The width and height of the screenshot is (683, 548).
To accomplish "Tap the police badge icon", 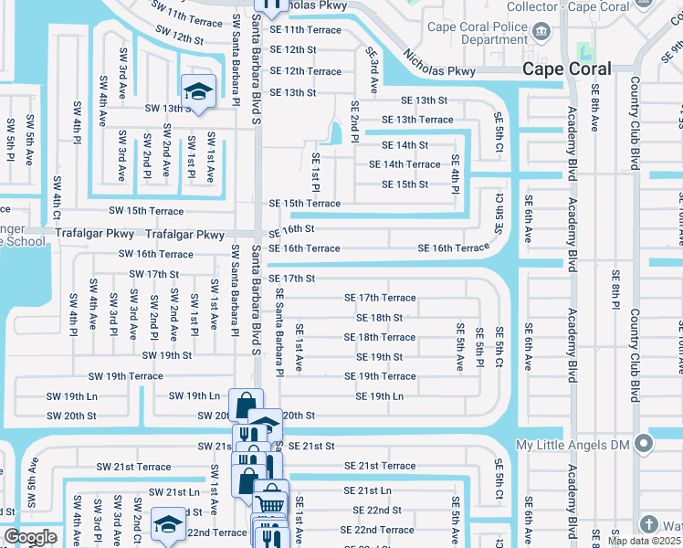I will [x=543, y=33].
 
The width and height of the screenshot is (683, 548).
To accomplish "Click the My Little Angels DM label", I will [x=574, y=445].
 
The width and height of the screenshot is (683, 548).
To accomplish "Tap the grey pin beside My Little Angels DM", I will [x=644, y=445].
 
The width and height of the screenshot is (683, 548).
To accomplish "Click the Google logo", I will [x=30, y=537].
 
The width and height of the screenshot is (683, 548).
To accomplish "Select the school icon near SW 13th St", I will [x=195, y=90].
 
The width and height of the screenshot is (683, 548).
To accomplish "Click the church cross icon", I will [x=649, y=524].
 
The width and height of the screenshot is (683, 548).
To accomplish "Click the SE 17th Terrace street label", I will [x=380, y=298].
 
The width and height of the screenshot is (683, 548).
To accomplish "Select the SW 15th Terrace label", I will [x=146, y=211].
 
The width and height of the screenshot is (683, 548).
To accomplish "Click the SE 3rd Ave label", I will [x=373, y=71].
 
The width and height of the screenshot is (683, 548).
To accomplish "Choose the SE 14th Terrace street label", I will [x=405, y=164].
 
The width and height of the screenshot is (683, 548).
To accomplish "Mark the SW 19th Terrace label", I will [x=126, y=376].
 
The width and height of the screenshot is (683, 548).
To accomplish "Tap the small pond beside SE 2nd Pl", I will [x=335, y=134].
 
